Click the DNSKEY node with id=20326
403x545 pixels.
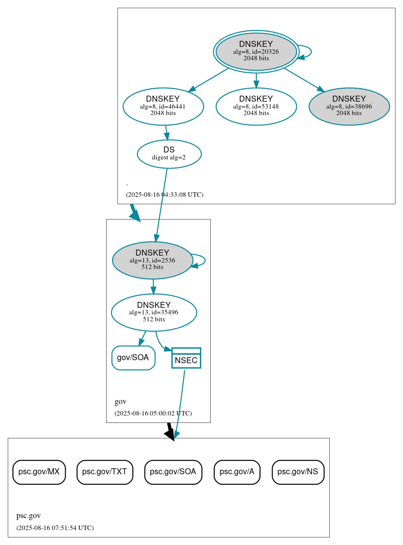point(256,51)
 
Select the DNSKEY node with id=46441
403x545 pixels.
point(163,106)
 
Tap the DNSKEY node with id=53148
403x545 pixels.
point(256,106)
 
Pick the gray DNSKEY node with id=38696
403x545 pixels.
point(349,106)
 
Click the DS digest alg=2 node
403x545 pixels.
point(169,153)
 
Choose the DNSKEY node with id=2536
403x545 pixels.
point(152,260)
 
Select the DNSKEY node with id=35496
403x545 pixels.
point(154,312)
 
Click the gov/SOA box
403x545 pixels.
point(133,358)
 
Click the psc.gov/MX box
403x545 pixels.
point(39,472)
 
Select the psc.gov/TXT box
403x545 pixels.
point(105,472)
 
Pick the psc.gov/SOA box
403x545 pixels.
point(173,472)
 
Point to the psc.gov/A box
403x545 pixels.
point(237,472)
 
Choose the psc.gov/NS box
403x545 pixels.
point(298,472)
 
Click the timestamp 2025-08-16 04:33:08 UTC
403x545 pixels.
point(164,195)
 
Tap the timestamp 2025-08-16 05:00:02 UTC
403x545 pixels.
point(153,413)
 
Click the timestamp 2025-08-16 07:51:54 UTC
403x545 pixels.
point(55,528)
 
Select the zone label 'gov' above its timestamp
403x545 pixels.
point(121,402)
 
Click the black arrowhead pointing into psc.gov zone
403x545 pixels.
point(170,435)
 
